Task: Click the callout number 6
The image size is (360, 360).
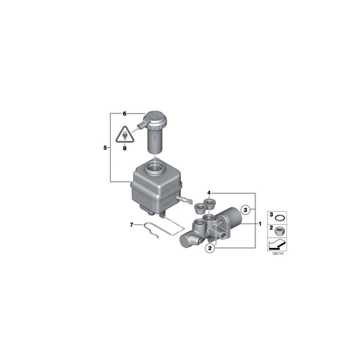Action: tap(125, 113)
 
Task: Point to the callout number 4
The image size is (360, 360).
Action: tap(209, 192)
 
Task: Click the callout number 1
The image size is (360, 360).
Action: tap(261, 222)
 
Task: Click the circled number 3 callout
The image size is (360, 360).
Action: tap(246, 209)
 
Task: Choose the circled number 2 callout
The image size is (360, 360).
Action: tap(211, 249)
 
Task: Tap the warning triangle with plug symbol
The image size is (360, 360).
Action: tap(125, 134)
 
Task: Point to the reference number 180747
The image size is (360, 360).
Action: tap(278, 254)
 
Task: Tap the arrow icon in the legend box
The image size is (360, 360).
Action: tap(280, 243)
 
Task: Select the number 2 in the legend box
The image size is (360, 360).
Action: tap(272, 230)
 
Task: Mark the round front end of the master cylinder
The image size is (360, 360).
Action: tap(186, 240)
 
